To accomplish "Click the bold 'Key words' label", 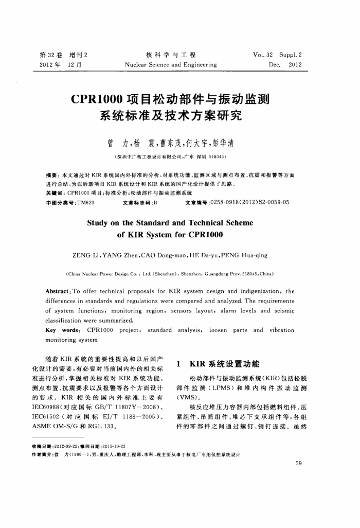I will coord(61,330).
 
